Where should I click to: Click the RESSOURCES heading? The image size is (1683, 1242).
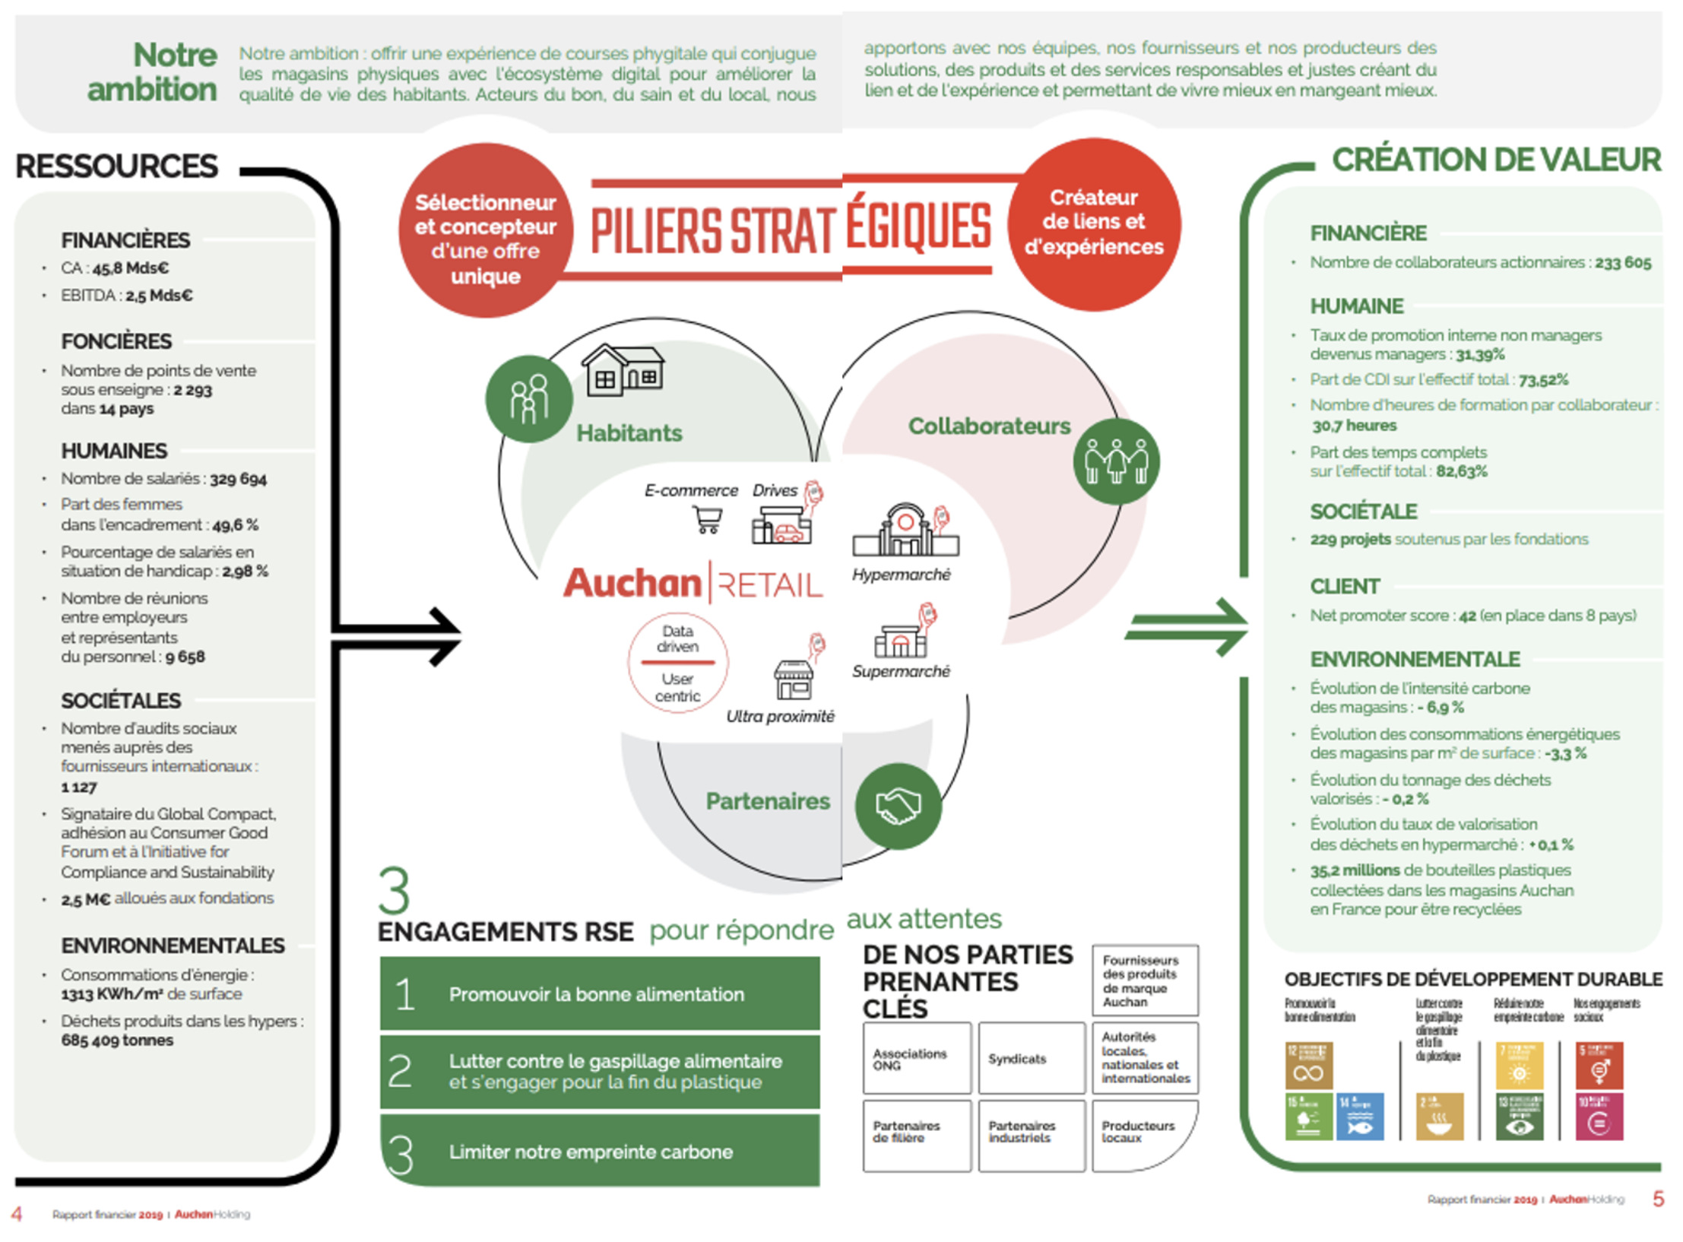[116, 166]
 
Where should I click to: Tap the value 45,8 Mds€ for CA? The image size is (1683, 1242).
[130, 268]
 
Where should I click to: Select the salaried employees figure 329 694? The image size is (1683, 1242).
[238, 479]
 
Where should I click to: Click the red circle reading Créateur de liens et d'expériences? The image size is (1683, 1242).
[1093, 223]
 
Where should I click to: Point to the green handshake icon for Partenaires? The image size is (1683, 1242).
[898, 805]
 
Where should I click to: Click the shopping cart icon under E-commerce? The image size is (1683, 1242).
[707, 519]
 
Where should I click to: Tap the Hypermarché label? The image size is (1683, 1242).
[901, 575]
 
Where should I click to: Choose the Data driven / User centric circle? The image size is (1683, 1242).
[677, 663]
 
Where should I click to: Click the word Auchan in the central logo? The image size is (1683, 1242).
[632, 583]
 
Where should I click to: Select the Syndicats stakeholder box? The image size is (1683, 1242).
[1031, 1058]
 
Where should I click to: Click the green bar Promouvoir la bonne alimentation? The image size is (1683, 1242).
[599, 993]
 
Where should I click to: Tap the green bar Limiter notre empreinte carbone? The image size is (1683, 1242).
[599, 1152]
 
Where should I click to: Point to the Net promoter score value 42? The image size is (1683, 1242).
[1466, 616]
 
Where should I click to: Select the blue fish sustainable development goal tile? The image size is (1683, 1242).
[1360, 1117]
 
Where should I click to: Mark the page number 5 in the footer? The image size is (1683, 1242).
[1658, 1199]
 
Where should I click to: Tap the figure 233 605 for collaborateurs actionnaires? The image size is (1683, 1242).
[1622, 263]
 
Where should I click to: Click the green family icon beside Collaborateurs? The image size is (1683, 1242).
[1115, 461]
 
